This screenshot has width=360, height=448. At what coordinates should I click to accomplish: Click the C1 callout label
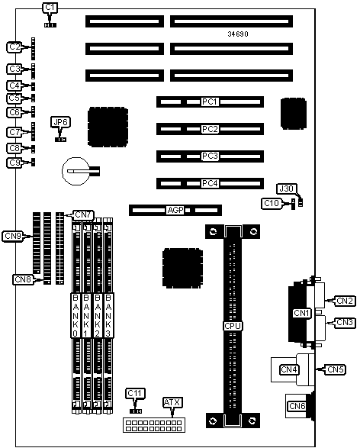point(50,8)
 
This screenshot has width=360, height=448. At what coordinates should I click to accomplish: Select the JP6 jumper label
point(60,122)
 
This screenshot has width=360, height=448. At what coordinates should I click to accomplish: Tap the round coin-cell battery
point(76,171)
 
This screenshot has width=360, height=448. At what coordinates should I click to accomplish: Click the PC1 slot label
point(210,102)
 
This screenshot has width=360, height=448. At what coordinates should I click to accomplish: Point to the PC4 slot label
point(210,183)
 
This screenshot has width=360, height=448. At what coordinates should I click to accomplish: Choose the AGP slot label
point(175,210)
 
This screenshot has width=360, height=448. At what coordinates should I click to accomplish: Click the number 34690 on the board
point(238,34)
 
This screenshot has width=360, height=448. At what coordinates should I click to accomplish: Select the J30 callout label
point(286,189)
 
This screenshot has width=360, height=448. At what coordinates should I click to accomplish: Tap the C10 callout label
point(272,204)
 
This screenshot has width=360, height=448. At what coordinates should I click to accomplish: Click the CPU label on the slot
point(233,326)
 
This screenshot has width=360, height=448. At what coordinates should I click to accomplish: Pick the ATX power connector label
point(172,402)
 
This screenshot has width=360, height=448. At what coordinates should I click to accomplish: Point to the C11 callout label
point(135,393)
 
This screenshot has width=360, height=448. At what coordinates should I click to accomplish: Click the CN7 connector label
point(83,214)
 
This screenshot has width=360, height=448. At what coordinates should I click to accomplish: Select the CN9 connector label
point(13,236)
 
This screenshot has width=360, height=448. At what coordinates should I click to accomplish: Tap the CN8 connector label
point(23,279)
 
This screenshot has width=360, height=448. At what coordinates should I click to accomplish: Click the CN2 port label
point(345,301)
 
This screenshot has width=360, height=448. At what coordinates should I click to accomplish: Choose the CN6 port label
point(297,406)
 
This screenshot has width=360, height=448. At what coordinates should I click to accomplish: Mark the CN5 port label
point(336,369)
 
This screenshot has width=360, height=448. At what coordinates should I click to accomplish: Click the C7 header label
point(14,132)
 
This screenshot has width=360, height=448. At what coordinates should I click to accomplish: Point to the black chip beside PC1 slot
point(294,114)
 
